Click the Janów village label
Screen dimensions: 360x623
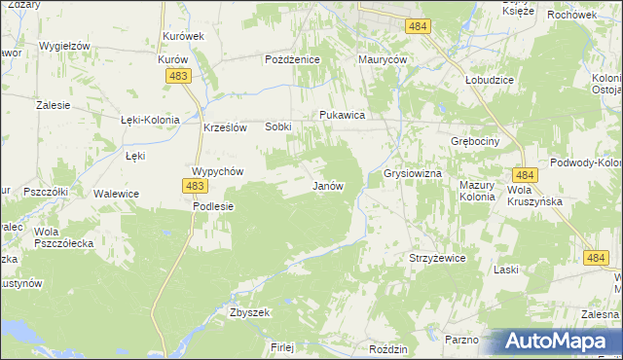click(x=328, y=186)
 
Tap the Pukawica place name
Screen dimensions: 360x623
click(x=342, y=115)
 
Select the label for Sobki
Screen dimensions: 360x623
click(x=278, y=126)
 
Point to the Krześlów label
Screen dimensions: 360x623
click(x=227, y=126)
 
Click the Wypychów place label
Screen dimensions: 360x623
click(x=216, y=170)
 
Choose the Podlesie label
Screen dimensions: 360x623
click(x=213, y=206)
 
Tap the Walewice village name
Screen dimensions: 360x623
click(x=116, y=194)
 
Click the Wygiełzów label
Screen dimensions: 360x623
click(x=65, y=46)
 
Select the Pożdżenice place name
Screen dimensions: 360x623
click(x=293, y=59)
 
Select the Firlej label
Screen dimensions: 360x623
click(x=282, y=346)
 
